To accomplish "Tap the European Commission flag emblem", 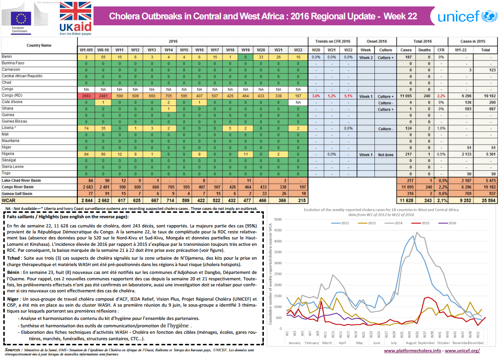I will click(21, 18).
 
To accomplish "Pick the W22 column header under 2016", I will click(299, 50).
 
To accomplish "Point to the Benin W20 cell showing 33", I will click(261, 57).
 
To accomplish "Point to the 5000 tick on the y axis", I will click(279, 220).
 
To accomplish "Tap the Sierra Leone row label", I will click(13, 166).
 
